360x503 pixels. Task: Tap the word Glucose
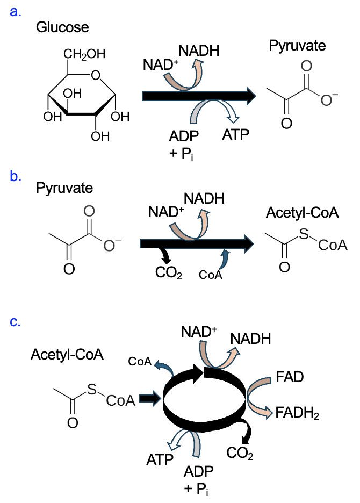pos(62,27)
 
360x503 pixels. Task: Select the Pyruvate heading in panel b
pos(64,189)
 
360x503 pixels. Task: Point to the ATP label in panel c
pos(160,459)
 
